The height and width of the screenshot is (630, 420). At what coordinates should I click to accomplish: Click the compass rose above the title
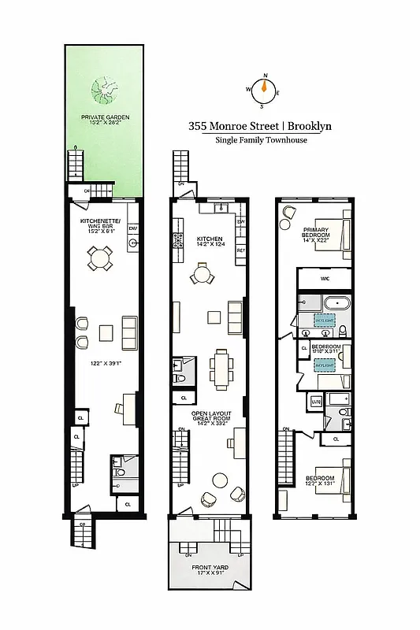(x=265, y=91)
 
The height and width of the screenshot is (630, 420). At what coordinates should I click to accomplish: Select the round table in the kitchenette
(x=100, y=257)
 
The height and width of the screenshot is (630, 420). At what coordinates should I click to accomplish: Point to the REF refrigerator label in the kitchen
(x=241, y=250)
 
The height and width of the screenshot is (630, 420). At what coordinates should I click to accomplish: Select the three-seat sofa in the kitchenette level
(x=130, y=333)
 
